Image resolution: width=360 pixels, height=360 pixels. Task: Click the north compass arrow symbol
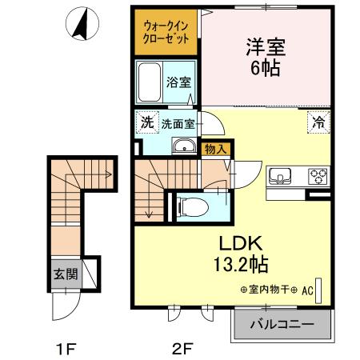(81, 25)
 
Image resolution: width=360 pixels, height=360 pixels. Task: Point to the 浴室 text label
(178, 82)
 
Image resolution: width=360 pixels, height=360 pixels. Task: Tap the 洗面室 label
(178, 123)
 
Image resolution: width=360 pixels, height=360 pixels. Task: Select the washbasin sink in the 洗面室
(183, 146)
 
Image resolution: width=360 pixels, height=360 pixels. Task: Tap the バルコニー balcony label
(281, 326)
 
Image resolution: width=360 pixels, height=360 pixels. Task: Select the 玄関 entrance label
(66, 274)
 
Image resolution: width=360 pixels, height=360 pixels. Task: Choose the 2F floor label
(183, 347)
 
